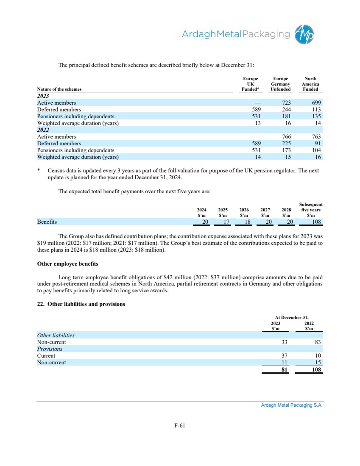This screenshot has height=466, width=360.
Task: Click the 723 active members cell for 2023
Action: coord(284,103)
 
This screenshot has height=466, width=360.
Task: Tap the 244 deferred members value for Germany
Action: coord(284,109)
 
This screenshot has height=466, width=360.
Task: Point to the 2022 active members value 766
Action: coord(284,136)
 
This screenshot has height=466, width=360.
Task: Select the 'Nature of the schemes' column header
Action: coord(59,89)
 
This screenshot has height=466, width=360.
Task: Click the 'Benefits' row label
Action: coord(47,222)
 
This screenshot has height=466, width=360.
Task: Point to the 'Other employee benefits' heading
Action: coord(68,264)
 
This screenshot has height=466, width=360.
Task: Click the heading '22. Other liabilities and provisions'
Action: coord(81,304)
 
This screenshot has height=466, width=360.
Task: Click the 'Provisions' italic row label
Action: coord(50,349)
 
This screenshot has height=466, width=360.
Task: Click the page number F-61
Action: coord(180,426)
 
